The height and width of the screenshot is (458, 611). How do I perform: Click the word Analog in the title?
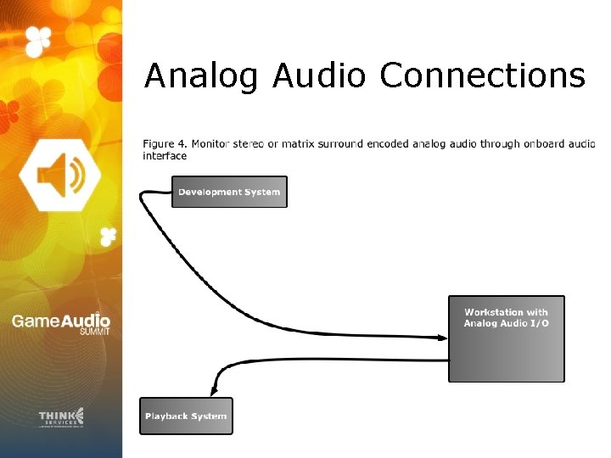click(200, 76)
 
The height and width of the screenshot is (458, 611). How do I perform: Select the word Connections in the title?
click(482, 76)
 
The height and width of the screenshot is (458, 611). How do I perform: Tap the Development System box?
click(229, 192)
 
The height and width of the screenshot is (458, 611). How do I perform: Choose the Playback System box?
click(186, 416)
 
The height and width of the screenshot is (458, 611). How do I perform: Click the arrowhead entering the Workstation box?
click(442, 337)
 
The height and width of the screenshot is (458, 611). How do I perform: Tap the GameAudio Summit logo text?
click(60, 322)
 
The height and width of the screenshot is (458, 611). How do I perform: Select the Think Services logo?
click(61, 416)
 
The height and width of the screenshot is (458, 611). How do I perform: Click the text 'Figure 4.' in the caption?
click(165, 144)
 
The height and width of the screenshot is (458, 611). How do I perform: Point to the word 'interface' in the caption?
click(165, 156)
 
